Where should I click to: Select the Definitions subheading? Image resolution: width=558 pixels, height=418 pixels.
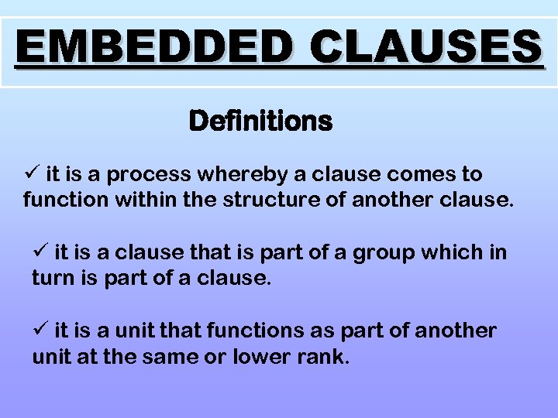(260, 122)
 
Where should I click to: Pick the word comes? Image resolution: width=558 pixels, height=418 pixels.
(422, 175)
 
